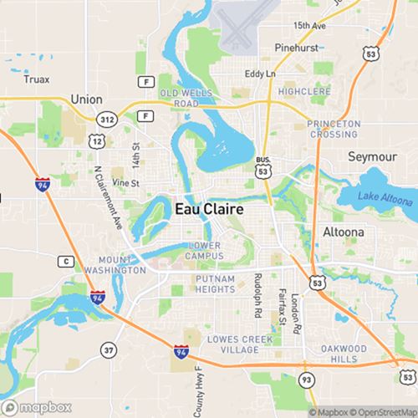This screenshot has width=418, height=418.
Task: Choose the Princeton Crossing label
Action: (x=333, y=129)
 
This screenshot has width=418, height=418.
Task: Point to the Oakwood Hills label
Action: (x=343, y=352)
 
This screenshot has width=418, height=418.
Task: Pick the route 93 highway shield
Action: (x=307, y=381)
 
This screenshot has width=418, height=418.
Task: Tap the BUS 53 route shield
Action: (x=263, y=167)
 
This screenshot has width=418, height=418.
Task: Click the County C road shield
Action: (x=64, y=262)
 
